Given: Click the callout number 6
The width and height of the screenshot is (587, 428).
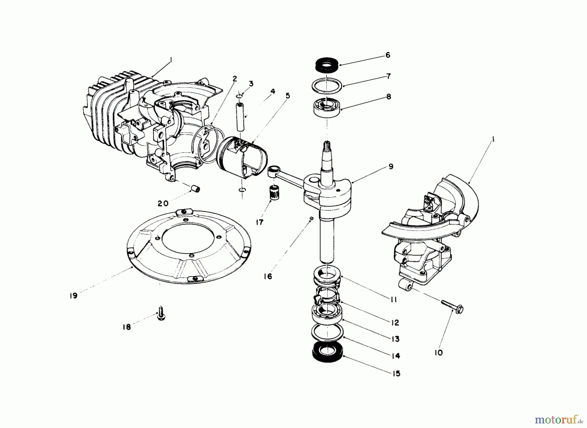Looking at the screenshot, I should coord(388,55).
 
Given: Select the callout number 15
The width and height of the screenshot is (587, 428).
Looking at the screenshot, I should coord(396,374).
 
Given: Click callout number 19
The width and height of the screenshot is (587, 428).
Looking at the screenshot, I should coord(73,296).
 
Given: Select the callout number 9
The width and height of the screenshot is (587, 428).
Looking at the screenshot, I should coord(391,167).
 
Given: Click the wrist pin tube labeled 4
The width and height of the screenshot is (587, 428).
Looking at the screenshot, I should coord(241,117).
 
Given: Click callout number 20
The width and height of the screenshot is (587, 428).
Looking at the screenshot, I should coord(163,203).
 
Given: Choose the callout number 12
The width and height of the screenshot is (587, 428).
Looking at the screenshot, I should coord(395,323).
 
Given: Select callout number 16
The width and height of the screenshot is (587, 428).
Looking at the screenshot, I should coord(268,276).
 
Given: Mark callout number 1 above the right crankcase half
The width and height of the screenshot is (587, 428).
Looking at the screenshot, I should coord(493,140).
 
